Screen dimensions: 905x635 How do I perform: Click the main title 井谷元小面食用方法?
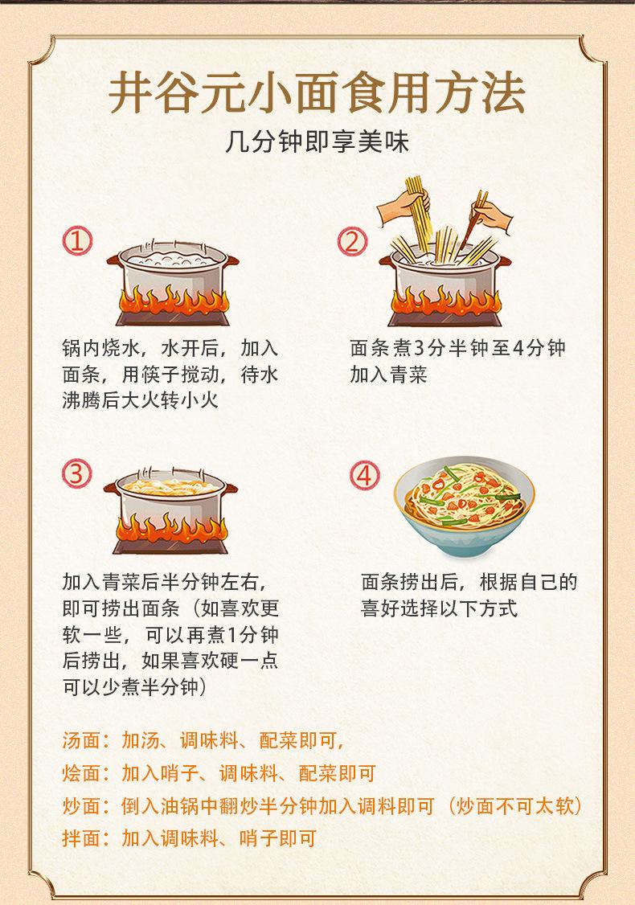point(317,94)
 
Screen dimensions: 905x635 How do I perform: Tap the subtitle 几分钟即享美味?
point(317,145)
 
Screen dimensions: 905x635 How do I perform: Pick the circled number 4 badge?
point(366,475)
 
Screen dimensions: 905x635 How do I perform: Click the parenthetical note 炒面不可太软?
point(515,806)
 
